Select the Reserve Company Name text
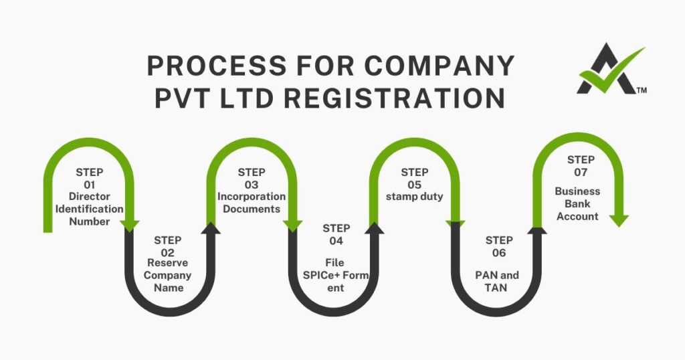point(168,275)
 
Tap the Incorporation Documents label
point(251,203)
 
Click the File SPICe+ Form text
point(336,276)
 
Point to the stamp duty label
point(414,197)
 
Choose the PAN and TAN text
point(496,281)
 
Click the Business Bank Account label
point(577,203)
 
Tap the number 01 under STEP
point(90,184)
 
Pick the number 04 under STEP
point(336,241)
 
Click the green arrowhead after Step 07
point(619,220)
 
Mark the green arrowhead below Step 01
point(129,226)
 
